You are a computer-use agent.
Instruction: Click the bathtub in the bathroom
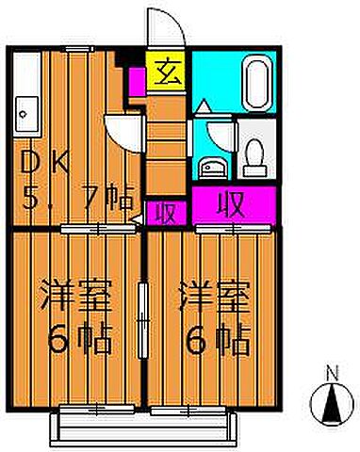257,85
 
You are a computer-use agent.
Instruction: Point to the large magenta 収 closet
233,203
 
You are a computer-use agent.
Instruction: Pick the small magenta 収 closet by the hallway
165,212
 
